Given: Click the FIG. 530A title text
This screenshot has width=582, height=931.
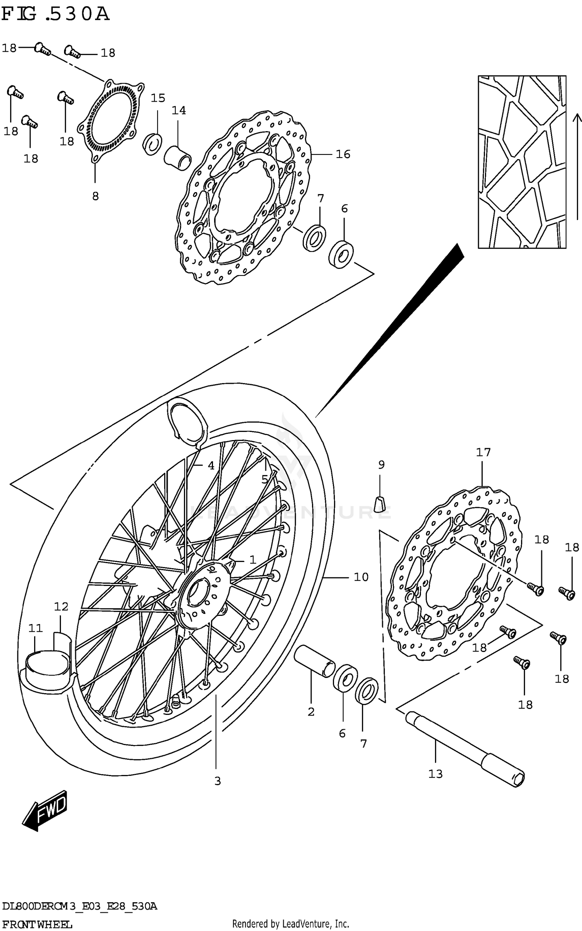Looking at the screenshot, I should coord(55,15).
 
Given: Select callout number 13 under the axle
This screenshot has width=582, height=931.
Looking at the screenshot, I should coord(435,773).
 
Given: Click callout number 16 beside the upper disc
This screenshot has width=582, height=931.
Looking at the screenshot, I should coord(343,154).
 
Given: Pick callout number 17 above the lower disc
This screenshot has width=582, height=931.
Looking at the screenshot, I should coord(483,452).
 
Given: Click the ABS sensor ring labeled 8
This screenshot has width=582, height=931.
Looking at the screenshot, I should coord(111,120).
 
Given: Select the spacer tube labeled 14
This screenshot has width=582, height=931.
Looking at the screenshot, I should coord(178,157).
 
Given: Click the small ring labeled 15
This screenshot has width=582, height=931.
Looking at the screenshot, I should coord(153,144).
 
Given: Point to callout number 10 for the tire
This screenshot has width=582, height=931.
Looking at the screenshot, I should coord(361,577).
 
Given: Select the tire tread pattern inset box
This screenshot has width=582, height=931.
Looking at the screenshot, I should coord(521,162).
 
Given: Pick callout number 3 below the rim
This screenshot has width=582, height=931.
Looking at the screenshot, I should coord(217,781).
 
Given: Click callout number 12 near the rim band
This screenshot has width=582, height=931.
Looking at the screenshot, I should coord(61,607).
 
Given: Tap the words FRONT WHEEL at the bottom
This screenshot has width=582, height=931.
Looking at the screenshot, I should coord(37,924).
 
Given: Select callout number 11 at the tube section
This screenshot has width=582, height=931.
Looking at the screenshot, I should coord(35,628).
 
